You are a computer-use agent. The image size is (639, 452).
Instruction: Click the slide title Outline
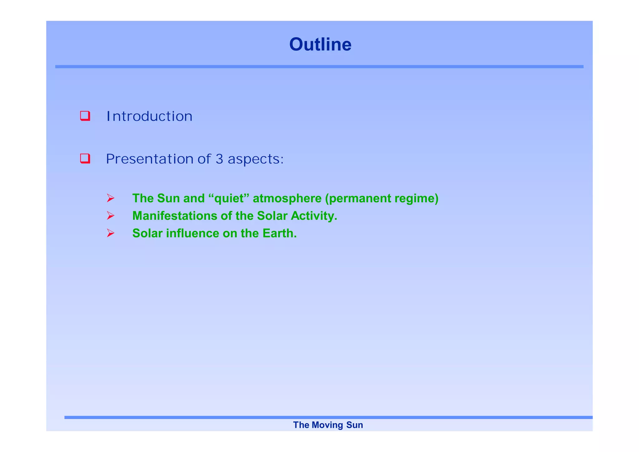click(320, 44)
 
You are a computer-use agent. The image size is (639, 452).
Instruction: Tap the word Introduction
click(149, 116)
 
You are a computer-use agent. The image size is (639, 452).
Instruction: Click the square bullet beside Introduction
click(85, 116)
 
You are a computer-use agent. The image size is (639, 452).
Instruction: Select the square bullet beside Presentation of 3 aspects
click(85, 159)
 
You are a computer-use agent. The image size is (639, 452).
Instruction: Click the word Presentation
click(150, 159)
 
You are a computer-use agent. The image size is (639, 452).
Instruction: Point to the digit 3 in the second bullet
click(219, 159)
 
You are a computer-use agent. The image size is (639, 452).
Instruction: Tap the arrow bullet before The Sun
click(110, 198)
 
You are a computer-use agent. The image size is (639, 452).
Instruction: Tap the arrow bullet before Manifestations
click(110, 216)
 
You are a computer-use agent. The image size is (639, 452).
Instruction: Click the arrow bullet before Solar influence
click(110, 233)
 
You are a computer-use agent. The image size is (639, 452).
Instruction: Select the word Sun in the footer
click(354, 425)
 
